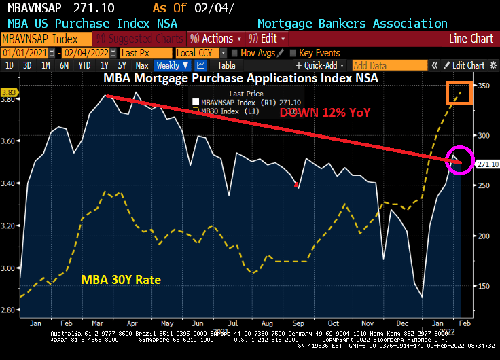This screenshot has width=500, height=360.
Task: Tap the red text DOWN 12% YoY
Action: pos(325,113)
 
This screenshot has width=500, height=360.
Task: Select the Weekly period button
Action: pos(172,66)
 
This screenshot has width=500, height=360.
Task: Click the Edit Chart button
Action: pos(468,66)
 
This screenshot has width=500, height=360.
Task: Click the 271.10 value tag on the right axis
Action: pos(487,164)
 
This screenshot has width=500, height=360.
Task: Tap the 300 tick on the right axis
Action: pos(484,136)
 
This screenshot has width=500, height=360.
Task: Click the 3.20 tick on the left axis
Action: pos(9,226)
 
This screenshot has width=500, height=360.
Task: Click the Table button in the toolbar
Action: pos(226,66)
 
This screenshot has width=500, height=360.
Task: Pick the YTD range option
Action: pos(84,66)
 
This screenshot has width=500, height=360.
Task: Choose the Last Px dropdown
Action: pos(145,52)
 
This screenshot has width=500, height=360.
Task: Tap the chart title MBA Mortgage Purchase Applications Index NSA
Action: pos(240,77)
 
